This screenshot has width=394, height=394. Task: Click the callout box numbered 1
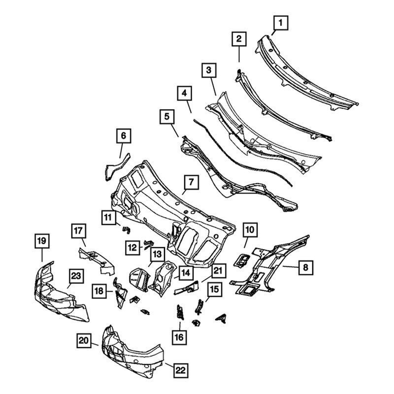coord(281,22)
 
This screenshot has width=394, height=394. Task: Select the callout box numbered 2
coord(238,39)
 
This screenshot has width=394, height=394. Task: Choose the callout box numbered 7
coord(191,182)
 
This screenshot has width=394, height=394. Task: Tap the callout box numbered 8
coord(305,267)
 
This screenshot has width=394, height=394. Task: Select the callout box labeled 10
coord(250,229)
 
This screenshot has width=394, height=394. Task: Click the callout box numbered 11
coord(109,216)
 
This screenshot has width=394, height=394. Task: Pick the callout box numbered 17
coord(78,230)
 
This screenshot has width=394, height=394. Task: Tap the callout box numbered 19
coord(41,241)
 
